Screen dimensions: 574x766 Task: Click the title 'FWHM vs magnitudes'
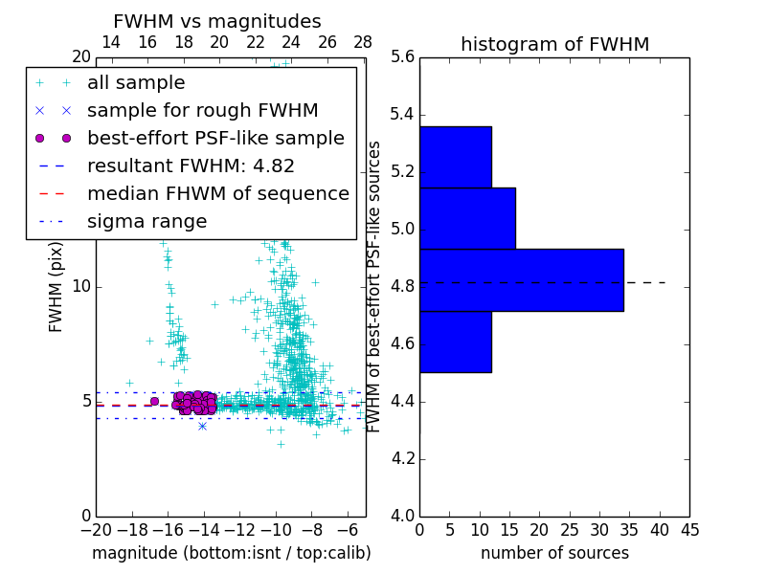click(217, 21)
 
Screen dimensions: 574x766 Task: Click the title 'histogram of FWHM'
click(554, 44)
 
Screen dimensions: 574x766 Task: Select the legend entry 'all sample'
click(136, 83)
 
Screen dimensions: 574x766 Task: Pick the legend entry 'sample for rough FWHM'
click(202, 110)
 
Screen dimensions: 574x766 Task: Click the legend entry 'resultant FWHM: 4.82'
click(191, 166)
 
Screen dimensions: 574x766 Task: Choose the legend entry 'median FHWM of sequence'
click(217, 193)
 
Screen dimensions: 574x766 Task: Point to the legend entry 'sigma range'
click(146, 221)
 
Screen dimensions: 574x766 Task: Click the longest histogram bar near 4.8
click(521, 279)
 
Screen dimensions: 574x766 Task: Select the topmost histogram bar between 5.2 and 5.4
click(455, 157)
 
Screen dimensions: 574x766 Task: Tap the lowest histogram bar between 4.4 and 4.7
click(455, 342)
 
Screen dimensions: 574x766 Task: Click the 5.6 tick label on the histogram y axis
click(403, 57)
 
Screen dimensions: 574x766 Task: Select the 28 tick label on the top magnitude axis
click(363, 42)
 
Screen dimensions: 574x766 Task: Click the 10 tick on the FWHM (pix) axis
click(80, 287)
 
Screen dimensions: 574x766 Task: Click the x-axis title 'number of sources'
click(554, 553)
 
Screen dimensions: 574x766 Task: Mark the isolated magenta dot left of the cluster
click(154, 401)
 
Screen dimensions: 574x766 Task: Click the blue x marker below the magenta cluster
click(202, 425)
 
